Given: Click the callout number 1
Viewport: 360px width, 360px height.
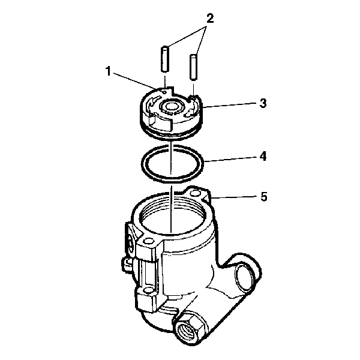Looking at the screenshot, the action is click(x=109, y=71).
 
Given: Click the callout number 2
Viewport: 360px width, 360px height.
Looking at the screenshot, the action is click(x=210, y=19).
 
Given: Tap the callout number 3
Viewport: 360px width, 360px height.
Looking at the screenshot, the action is click(x=263, y=103).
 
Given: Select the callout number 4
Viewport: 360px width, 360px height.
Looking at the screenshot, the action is click(x=263, y=156).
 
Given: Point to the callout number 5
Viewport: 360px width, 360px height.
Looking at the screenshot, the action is click(x=264, y=197).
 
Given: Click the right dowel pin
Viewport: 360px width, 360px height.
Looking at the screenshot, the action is click(x=194, y=67).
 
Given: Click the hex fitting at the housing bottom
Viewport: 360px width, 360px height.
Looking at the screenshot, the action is click(x=190, y=327).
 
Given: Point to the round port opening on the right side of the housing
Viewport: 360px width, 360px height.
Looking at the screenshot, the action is click(x=245, y=277).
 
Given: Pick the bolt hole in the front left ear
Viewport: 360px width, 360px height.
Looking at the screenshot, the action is click(x=148, y=241).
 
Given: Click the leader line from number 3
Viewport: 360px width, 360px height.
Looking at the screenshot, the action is click(x=230, y=104).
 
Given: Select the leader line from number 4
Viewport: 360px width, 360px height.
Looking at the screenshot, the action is click(x=230, y=159).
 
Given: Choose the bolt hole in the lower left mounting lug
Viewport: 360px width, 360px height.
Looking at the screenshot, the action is click(x=147, y=292).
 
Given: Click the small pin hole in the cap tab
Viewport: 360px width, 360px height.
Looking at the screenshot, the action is click(x=164, y=92).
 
